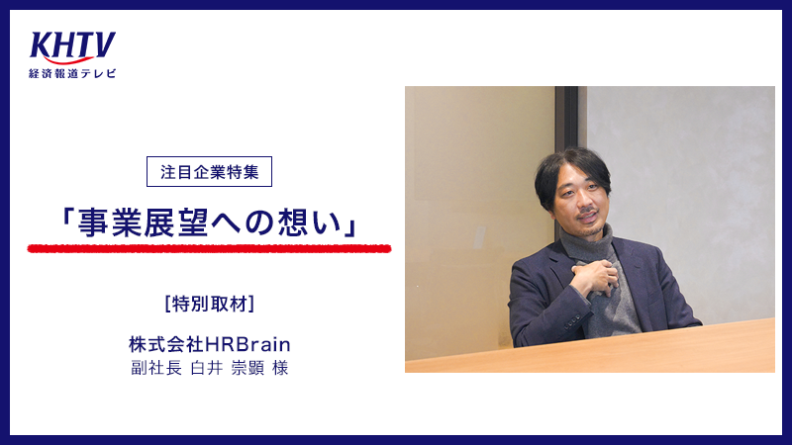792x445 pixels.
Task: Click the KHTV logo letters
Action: point(72,46)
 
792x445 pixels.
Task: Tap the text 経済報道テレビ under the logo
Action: point(72,73)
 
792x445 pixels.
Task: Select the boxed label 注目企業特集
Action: point(209,171)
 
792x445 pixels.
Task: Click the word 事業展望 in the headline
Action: point(143,223)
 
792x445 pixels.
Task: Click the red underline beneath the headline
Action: point(209,248)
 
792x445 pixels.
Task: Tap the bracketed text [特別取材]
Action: point(209,304)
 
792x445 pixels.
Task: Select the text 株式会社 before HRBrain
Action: point(166,344)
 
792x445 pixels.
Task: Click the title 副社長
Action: point(156,368)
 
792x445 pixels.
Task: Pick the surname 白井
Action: point(207,368)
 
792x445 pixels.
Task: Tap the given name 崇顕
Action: point(247,368)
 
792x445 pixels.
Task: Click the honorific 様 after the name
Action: point(280,368)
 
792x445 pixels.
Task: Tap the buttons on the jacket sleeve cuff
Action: point(573,320)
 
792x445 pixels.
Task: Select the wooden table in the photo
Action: point(590,347)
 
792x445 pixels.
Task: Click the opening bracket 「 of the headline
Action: point(66,218)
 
